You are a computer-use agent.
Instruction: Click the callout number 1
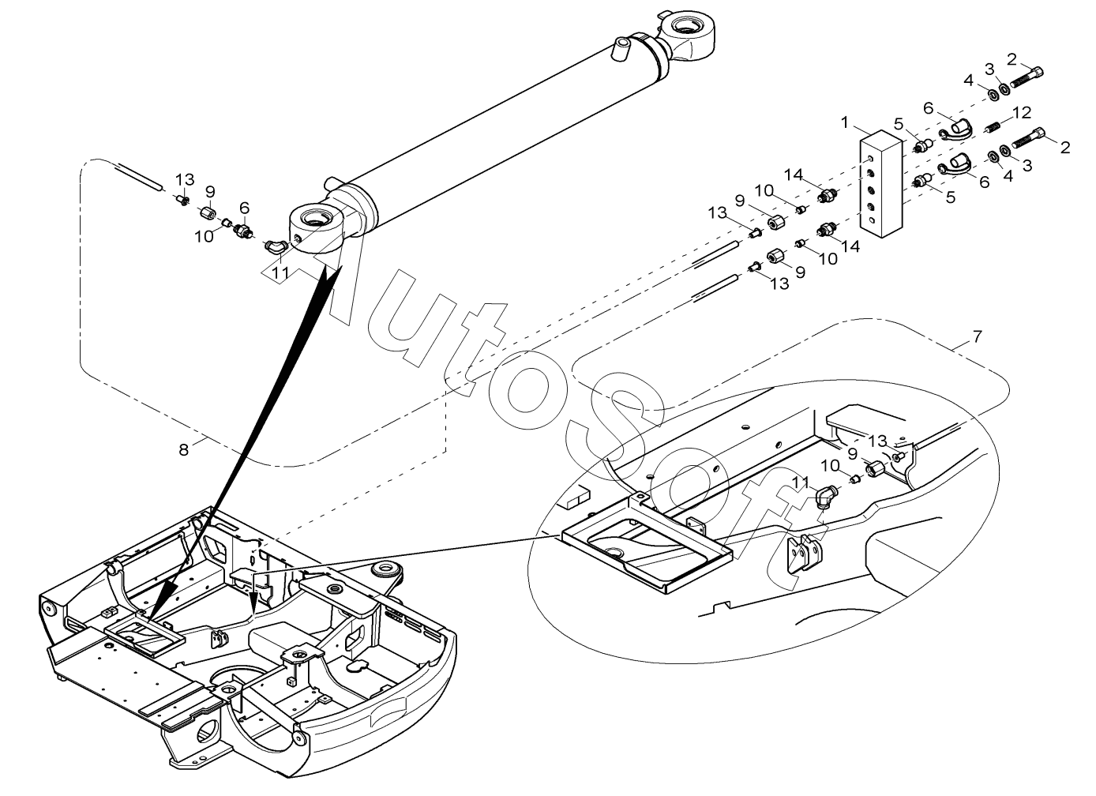click(845, 122)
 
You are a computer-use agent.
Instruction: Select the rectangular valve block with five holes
click(881, 183)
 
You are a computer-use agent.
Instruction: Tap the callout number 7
click(977, 336)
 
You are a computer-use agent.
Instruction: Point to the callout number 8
click(183, 449)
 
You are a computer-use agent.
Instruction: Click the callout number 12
click(1022, 112)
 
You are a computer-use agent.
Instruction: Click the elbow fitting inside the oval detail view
click(826, 497)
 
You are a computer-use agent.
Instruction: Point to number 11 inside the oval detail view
click(801, 482)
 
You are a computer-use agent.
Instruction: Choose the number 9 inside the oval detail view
click(852, 454)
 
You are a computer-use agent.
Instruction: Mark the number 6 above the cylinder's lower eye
click(244, 208)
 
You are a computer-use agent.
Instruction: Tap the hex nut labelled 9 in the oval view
click(874, 469)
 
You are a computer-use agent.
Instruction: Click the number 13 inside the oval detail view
click(877, 441)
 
